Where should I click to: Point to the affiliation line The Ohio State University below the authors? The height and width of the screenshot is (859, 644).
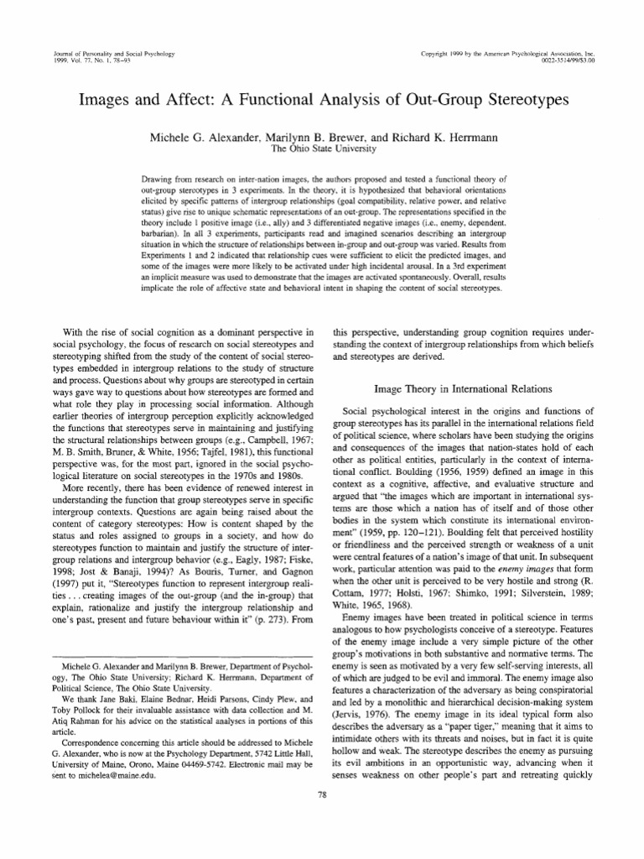click(322, 148)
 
